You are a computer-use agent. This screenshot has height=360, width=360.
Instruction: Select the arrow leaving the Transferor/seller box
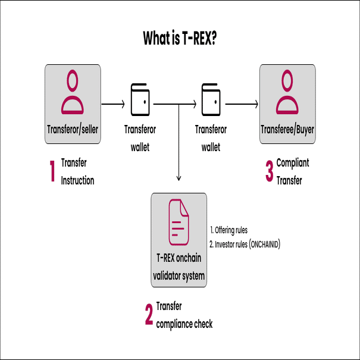point(112,104)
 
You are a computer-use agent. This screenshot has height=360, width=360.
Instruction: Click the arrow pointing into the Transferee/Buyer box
point(242,104)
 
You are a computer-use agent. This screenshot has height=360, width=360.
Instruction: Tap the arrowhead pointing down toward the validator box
point(179,177)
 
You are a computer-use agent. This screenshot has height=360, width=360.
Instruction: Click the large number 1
point(52,171)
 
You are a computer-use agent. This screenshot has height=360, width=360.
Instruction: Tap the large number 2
point(149,315)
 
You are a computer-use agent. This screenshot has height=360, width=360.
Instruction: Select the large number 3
point(269,171)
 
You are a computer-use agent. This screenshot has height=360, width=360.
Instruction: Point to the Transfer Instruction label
point(77,171)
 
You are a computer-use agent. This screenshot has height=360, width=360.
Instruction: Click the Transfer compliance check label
point(184,315)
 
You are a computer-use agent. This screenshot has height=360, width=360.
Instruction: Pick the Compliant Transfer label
point(293,171)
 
